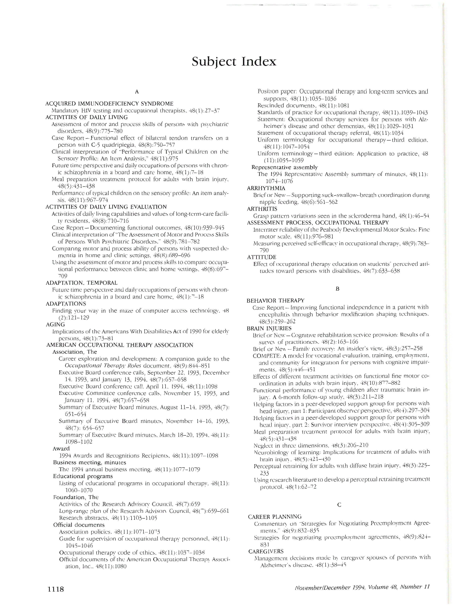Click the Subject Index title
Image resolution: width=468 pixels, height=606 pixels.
(x=234, y=62)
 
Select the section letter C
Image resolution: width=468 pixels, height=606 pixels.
(x=339, y=505)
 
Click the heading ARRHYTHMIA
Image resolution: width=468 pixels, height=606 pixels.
(x=266, y=188)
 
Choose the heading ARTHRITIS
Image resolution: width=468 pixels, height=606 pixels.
(x=262, y=209)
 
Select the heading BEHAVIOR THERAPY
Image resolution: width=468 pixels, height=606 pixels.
(x=276, y=300)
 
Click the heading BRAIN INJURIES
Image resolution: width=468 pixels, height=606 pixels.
(x=269, y=328)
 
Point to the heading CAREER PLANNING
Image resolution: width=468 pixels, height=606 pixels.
(x=275, y=517)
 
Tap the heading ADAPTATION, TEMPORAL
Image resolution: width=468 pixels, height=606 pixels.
(x=81, y=283)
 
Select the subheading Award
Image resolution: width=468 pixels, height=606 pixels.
(x=61, y=449)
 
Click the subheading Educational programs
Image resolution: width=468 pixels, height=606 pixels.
(x=83, y=476)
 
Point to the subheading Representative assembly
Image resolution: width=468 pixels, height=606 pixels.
(x=284, y=167)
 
